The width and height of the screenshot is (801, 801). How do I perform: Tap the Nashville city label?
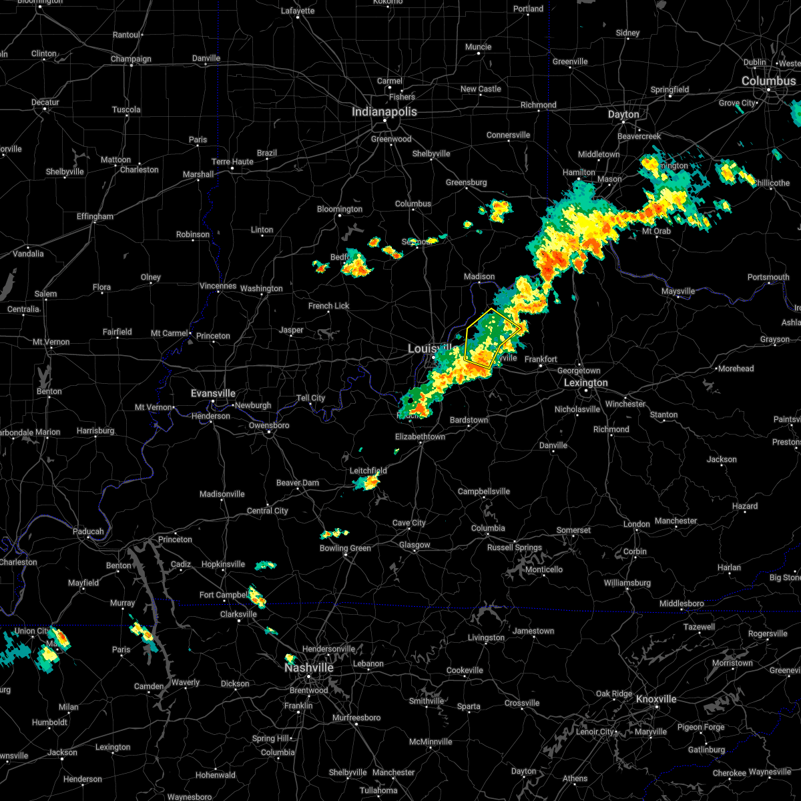[x=309, y=667]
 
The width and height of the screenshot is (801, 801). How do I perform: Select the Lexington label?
[x=585, y=382]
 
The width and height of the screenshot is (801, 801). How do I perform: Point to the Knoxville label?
[x=655, y=699]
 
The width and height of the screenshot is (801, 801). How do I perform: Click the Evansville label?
[x=213, y=393]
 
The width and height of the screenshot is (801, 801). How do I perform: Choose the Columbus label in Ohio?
[x=768, y=81]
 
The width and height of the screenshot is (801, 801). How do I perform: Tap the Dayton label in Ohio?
[x=623, y=114]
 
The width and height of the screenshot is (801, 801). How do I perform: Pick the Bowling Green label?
[x=345, y=548]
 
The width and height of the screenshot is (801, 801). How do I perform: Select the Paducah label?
[x=88, y=531]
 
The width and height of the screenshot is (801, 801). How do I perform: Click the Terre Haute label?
[x=232, y=162]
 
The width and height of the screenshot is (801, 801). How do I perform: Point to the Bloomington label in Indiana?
[x=339, y=209]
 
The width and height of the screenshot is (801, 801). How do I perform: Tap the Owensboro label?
[x=269, y=425]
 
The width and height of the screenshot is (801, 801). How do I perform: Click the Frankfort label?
[x=541, y=359]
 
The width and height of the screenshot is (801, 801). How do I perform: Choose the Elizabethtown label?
[x=420, y=437]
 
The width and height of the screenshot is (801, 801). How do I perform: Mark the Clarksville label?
[x=238, y=614]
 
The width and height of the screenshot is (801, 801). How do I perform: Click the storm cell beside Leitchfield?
[x=367, y=482]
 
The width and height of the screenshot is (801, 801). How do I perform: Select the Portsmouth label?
[x=768, y=277]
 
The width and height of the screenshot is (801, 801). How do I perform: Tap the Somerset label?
[x=573, y=530]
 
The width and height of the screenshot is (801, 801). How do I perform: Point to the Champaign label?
[x=131, y=59]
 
